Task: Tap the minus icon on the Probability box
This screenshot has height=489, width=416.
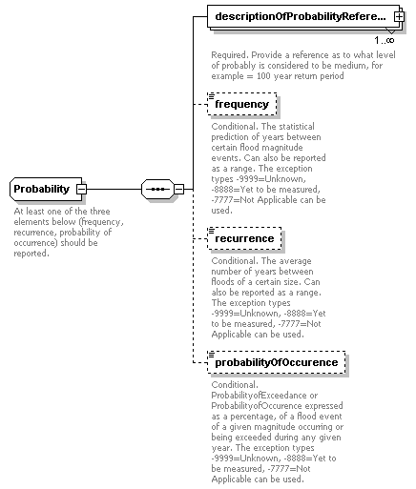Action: (82, 190)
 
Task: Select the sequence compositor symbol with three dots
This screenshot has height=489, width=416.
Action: (156, 190)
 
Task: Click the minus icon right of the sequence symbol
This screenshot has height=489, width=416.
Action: (178, 190)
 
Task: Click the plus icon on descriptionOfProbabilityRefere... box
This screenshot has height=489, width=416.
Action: (397, 17)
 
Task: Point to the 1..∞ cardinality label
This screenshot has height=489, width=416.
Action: (385, 41)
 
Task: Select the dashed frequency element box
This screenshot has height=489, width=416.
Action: (242, 104)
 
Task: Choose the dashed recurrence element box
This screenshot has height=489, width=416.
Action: (245, 237)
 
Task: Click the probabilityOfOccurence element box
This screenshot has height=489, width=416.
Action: (276, 362)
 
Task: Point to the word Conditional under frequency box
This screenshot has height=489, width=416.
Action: (236, 126)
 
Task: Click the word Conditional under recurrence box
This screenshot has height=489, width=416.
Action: (236, 259)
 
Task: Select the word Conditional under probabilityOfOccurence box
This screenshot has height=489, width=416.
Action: (236, 384)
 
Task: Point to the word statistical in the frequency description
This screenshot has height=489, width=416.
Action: (286, 126)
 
